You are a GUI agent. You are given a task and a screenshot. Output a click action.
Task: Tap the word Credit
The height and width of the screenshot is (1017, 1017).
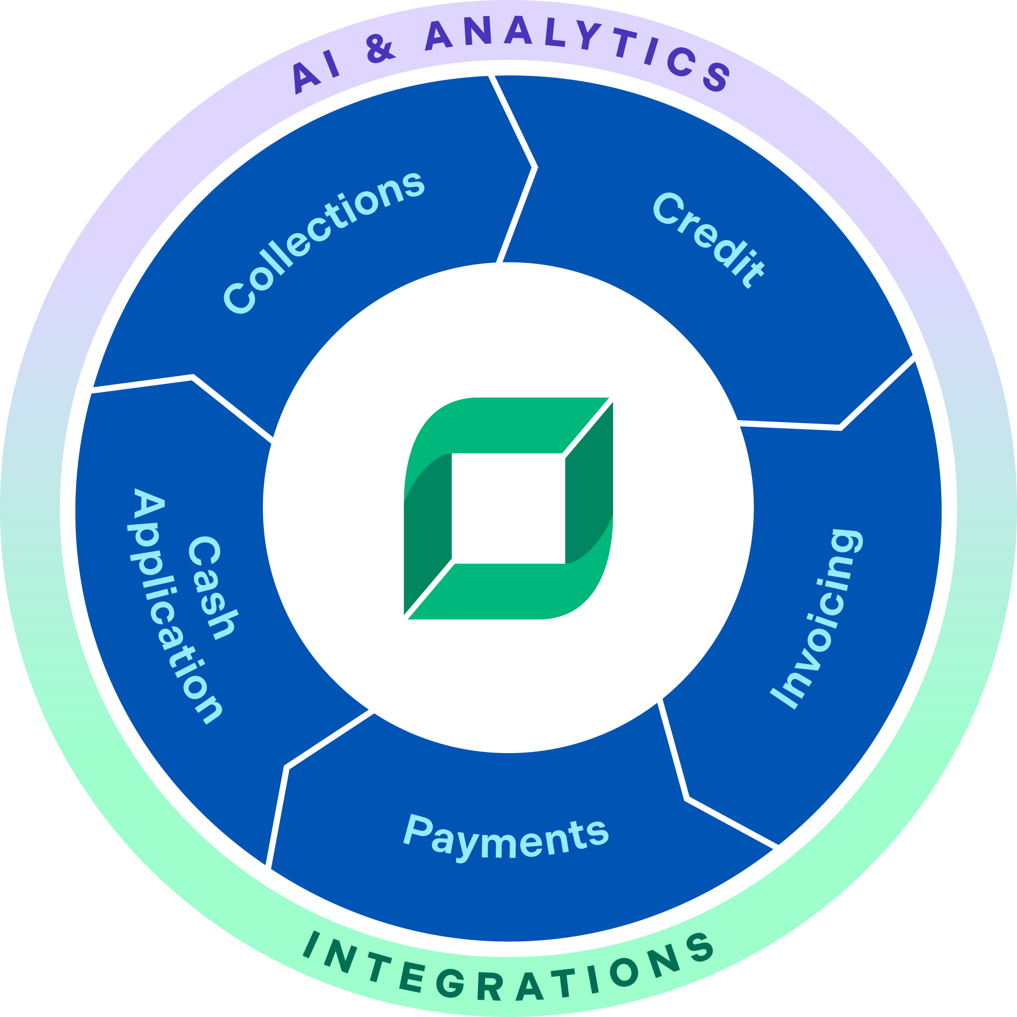pyautogui.click(x=708, y=240)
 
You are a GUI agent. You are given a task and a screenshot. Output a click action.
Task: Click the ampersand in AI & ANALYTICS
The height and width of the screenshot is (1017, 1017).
pyautogui.click(x=379, y=49)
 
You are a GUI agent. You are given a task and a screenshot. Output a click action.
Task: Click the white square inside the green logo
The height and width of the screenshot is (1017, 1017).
pyautogui.click(x=508, y=508)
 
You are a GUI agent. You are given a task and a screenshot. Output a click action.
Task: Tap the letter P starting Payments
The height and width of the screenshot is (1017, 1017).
pyautogui.click(x=418, y=829)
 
